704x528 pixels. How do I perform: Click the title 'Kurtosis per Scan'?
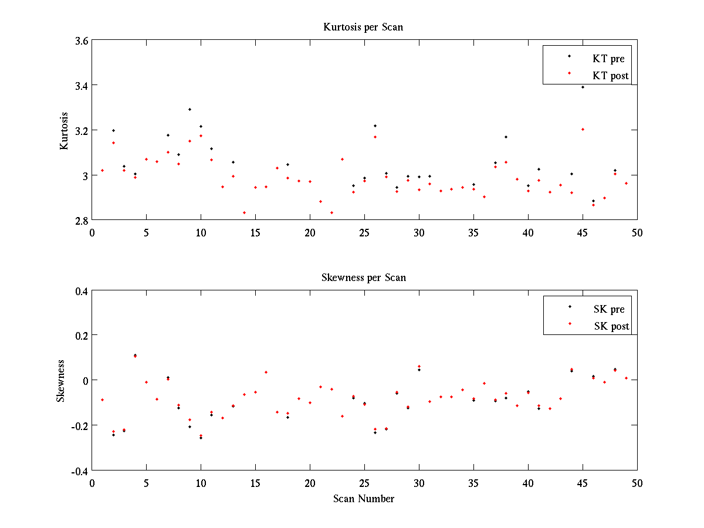(x=363, y=27)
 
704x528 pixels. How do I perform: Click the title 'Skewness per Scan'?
(x=363, y=277)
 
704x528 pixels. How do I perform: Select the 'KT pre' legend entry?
(x=608, y=59)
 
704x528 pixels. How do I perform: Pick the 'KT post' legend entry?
(x=611, y=75)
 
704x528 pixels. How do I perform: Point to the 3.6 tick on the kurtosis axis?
(x=81, y=41)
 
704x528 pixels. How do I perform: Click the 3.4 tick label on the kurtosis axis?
(x=81, y=86)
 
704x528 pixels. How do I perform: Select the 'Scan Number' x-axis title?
(x=363, y=499)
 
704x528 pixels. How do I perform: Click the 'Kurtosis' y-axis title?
(x=64, y=131)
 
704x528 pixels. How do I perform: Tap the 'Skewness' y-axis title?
(x=61, y=381)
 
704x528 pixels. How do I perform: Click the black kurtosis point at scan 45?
(x=583, y=87)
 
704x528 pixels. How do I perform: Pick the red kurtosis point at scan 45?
(x=583, y=129)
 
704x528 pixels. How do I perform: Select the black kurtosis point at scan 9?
(x=190, y=109)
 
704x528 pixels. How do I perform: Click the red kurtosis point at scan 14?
(x=244, y=212)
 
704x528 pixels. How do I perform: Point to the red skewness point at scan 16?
(x=266, y=372)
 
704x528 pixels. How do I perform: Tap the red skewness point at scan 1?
(x=103, y=400)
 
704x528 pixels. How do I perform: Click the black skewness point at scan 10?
(x=201, y=438)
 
